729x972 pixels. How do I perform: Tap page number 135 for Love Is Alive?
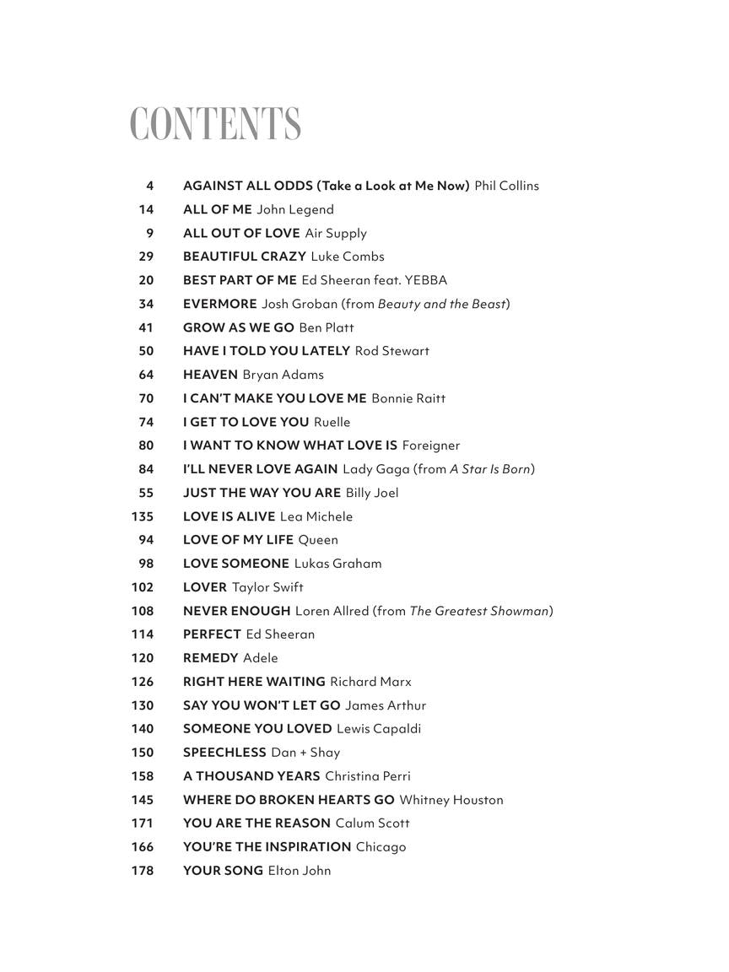143,516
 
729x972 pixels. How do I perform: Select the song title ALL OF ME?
217,209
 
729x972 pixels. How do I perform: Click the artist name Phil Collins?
506,186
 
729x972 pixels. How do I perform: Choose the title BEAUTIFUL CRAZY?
244,256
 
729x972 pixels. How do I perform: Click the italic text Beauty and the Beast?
441,304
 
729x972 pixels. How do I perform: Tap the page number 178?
143,871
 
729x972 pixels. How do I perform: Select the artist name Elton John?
300,871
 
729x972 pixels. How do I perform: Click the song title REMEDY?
211,658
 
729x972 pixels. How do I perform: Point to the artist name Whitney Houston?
451,800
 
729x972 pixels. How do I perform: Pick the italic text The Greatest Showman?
479,611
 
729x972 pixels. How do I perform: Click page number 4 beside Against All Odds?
150,186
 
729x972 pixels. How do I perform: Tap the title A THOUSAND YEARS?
251,776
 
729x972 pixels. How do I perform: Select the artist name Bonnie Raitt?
408,398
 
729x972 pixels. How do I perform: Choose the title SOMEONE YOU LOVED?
257,729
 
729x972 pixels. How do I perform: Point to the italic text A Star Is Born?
490,469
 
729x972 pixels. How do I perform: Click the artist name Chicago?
381,847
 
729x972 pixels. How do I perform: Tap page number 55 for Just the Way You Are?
146,493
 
